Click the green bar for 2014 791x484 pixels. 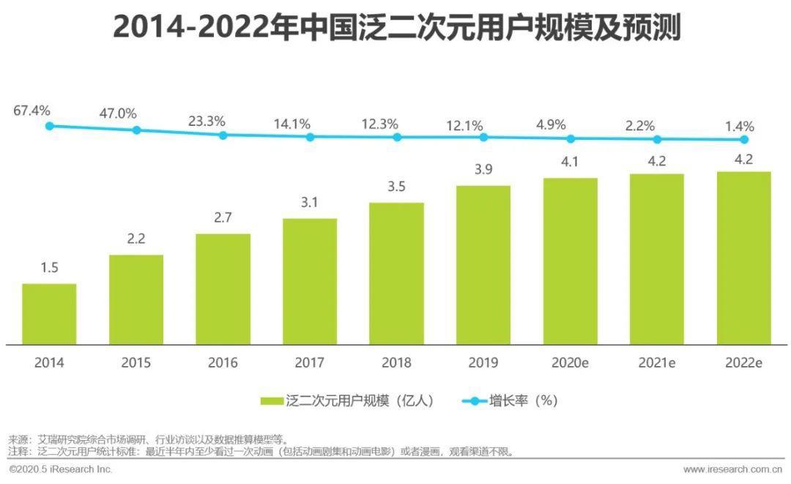click(x=49, y=313)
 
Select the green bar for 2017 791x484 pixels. click(x=310, y=281)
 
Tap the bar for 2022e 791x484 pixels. click(x=743, y=258)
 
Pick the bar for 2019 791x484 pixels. click(x=483, y=264)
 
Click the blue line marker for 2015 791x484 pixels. click(x=136, y=130)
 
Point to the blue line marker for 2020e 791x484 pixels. click(x=571, y=138)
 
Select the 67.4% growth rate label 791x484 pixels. click(x=31, y=111)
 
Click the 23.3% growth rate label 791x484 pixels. click(x=207, y=121)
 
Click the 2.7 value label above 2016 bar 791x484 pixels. click(x=223, y=217)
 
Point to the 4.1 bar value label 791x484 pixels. click(x=570, y=162)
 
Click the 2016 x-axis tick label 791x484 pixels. click(x=223, y=362)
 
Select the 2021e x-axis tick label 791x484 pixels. click(x=657, y=362)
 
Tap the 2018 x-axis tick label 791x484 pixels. click(x=396, y=362)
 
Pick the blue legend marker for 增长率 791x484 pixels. click(x=473, y=401)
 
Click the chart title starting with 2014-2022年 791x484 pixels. click(x=396, y=29)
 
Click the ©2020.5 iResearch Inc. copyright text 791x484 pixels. click(x=60, y=468)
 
